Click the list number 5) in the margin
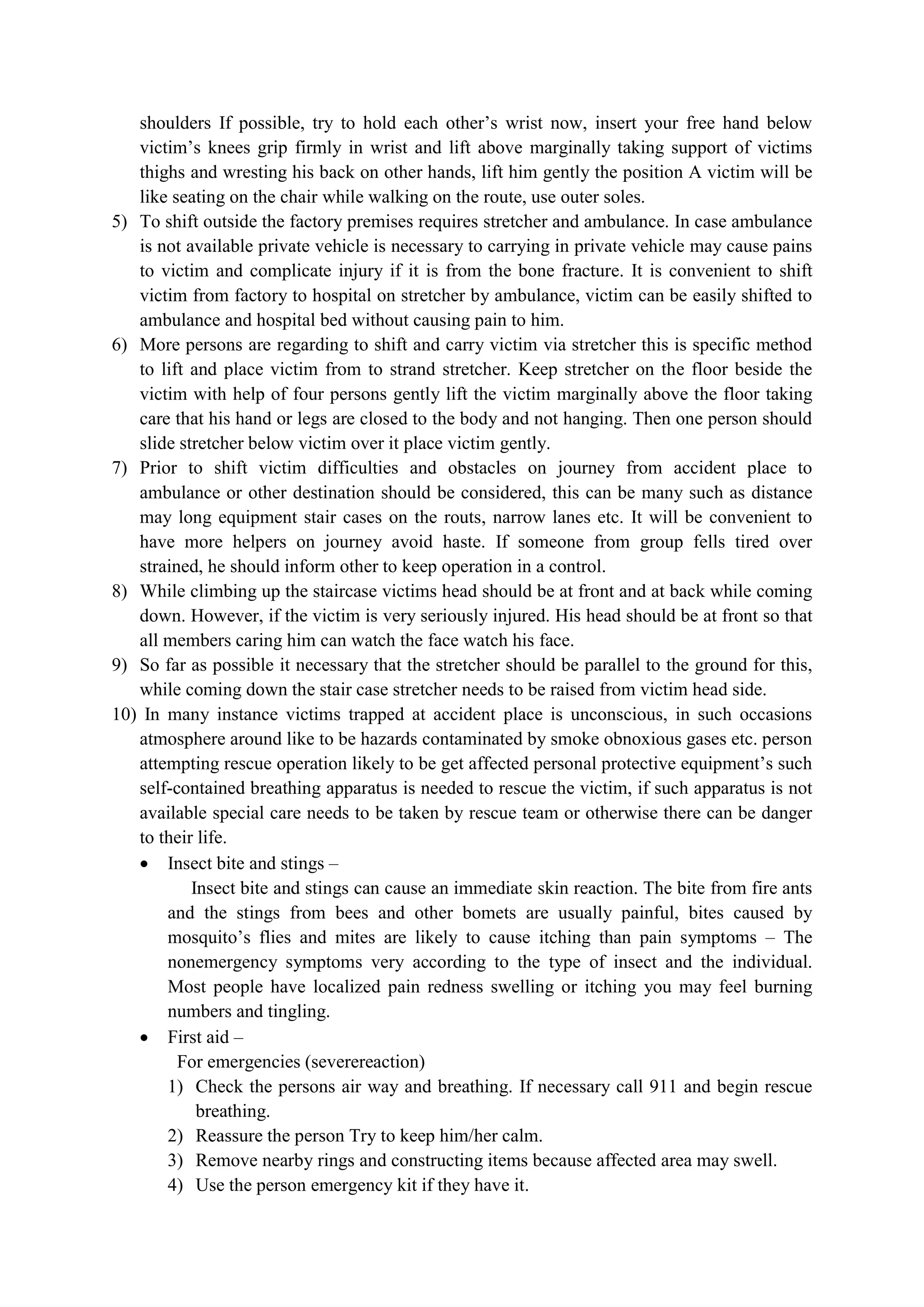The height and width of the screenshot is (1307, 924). (x=119, y=222)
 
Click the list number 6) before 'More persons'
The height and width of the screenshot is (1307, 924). (x=119, y=345)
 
